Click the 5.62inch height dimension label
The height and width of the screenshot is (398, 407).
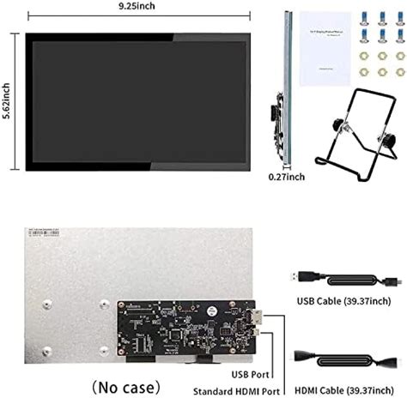[x=8, y=104]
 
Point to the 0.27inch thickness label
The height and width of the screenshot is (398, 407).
[x=285, y=177]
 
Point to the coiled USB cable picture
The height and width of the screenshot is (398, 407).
[x=344, y=282]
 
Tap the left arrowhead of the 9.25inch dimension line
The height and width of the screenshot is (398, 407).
[x=29, y=15]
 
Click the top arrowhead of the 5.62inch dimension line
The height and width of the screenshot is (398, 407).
[x=16, y=36]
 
